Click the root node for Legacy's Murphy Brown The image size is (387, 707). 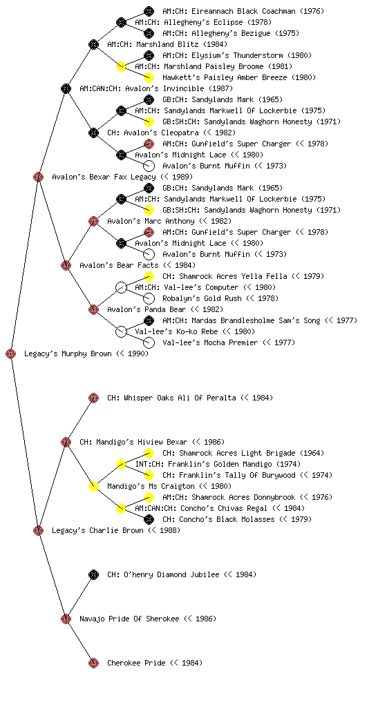coord(11,354)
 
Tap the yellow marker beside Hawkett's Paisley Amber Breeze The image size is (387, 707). coord(149,77)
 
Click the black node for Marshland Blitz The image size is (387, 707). coord(93,44)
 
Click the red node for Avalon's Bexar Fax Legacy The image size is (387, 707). coord(38,177)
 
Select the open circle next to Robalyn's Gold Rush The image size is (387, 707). coord(149,298)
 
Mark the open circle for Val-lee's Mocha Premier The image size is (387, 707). coord(149,342)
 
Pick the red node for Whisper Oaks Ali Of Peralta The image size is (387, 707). coord(93,398)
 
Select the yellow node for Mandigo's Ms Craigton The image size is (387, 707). coord(93,486)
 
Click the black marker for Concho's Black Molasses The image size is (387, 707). coord(149,519)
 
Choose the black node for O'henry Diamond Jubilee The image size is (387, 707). coord(93,574)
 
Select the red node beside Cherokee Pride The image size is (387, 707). coord(93,663)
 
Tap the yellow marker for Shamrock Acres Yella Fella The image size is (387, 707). coord(149,276)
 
